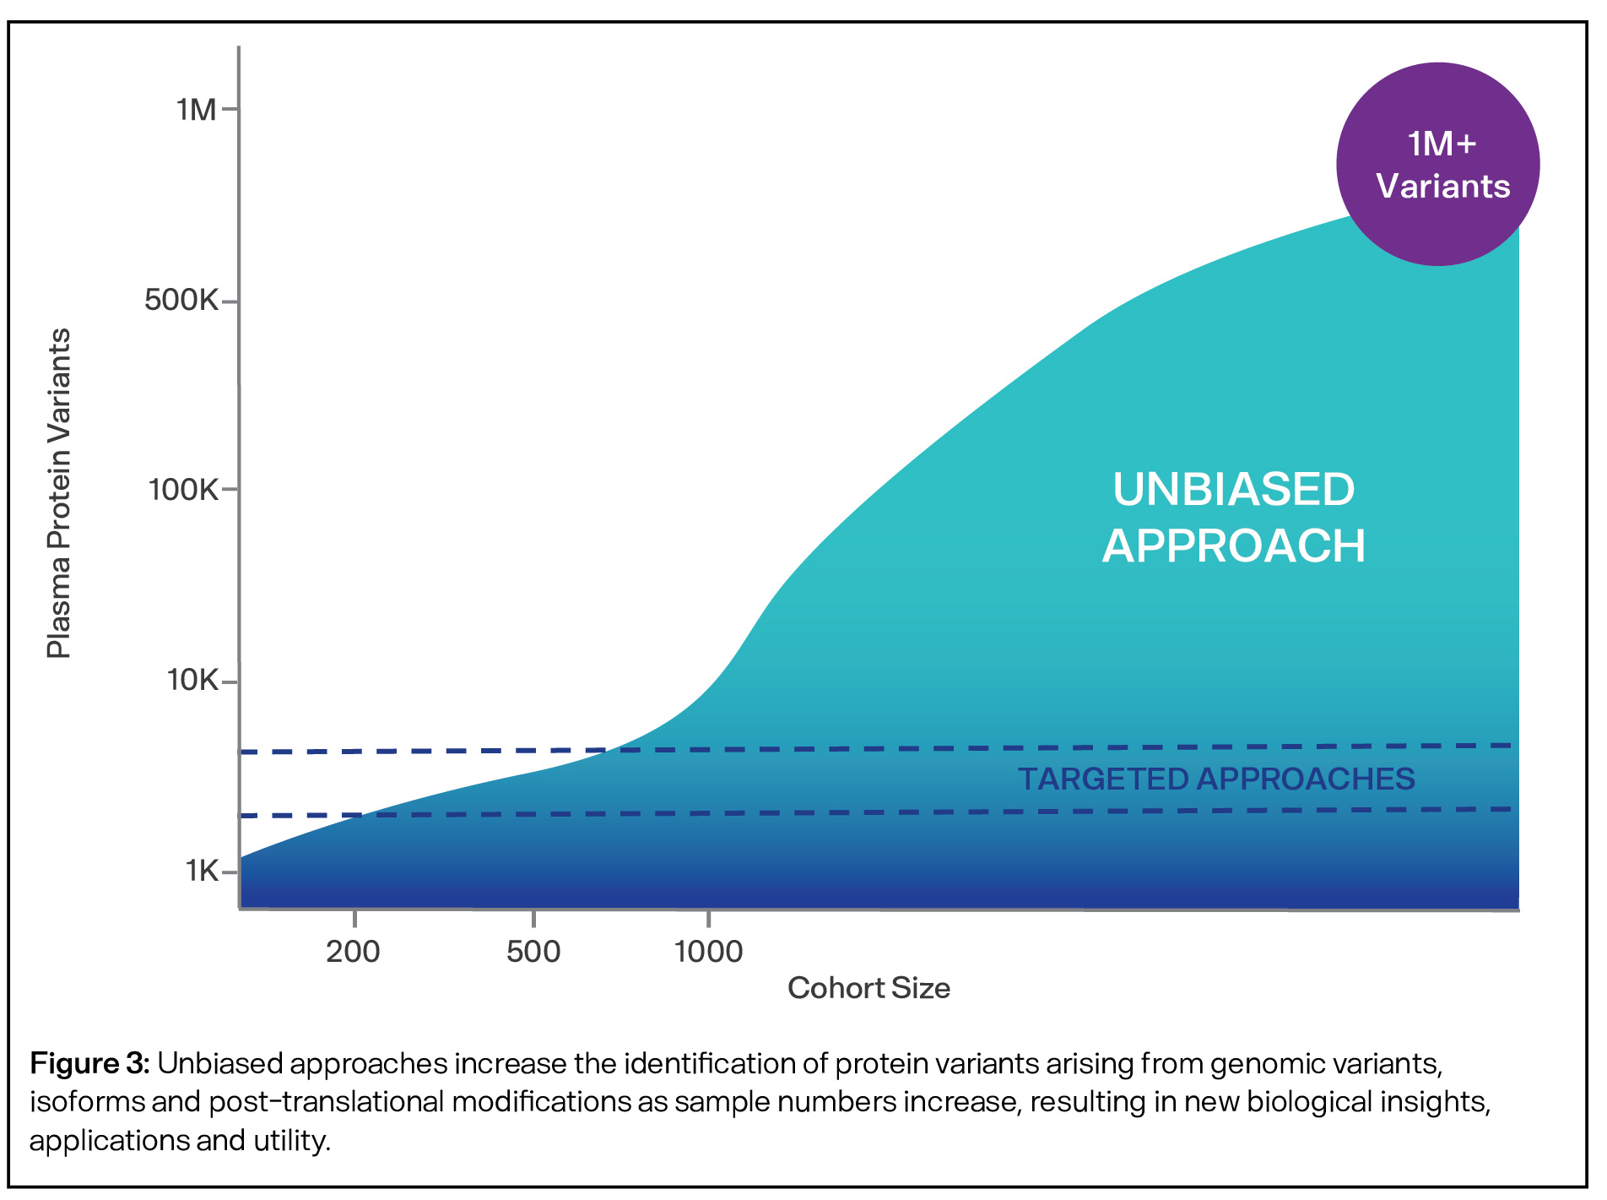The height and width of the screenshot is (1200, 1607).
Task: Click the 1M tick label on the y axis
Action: [196, 110]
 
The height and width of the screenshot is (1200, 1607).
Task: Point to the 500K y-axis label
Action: [181, 300]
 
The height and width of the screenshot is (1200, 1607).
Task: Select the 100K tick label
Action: [182, 489]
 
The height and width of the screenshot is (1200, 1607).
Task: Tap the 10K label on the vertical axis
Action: [192, 680]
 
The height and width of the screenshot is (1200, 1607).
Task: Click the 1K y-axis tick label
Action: [202, 871]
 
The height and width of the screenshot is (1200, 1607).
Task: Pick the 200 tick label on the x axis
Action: [353, 952]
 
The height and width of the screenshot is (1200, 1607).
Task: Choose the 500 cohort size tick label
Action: [533, 952]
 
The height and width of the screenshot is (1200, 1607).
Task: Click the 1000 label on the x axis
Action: [708, 952]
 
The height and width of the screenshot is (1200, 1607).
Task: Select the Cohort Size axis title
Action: [868, 988]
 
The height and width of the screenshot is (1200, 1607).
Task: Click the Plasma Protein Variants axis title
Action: [59, 494]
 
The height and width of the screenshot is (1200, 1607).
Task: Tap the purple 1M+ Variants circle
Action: [1437, 165]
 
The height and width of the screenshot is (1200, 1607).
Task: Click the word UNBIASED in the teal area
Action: [1233, 490]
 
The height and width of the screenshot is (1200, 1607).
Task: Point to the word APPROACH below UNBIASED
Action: [1233, 546]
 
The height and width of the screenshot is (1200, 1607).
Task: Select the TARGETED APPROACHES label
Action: [1215, 779]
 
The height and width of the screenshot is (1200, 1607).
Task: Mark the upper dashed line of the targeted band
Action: [844, 749]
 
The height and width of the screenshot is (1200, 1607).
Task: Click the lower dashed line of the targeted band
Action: [844, 812]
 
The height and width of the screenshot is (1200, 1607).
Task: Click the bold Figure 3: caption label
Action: [89, 1063]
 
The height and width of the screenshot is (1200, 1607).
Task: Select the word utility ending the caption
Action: [290, 1141]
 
